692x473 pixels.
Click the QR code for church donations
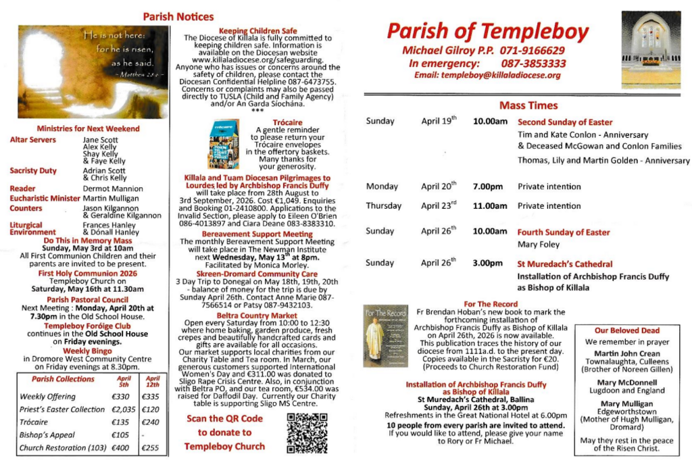[307, 432]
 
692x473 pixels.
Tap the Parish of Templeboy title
[487, 32]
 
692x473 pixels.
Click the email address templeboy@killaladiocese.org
[487, 75]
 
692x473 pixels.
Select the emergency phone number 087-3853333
[533, 63]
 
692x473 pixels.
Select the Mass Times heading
[528, 105]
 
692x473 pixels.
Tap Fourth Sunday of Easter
[564, 232]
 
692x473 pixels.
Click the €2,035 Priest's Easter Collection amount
[124, 409]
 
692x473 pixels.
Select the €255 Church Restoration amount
[152, 448]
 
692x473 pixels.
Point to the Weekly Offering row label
[47, 397]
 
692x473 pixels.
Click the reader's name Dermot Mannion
[113, 189]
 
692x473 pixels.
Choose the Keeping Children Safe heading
[258, 31]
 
